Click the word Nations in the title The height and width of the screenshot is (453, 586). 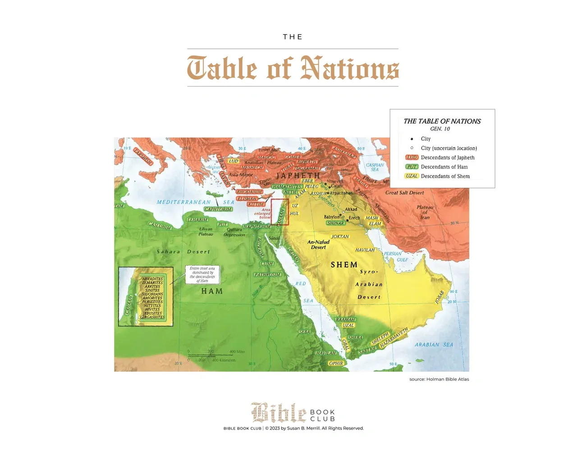tap(349, 69)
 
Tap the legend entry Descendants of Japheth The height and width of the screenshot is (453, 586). tap(447, 157)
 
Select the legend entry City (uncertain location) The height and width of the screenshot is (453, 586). tap(449, 148)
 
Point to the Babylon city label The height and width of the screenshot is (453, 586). tap(332, 217)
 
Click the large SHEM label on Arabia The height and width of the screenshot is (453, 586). tap(344, 265)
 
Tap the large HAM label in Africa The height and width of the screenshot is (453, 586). tap(212, 291)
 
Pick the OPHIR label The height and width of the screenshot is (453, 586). tap(336, 363)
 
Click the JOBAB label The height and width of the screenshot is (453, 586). tap(439, 297)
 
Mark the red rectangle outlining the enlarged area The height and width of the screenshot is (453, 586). tap(280, 212)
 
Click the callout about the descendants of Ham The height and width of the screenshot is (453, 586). tap(202, 274)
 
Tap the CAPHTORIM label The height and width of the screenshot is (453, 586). tap(218, 209)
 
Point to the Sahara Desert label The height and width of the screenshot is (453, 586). tap(183, 252)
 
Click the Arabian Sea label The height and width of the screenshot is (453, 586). tap(433, 345)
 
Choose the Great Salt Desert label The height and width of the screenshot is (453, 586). tap(404, 193)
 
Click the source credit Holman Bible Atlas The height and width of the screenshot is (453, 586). tap(439, 379)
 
